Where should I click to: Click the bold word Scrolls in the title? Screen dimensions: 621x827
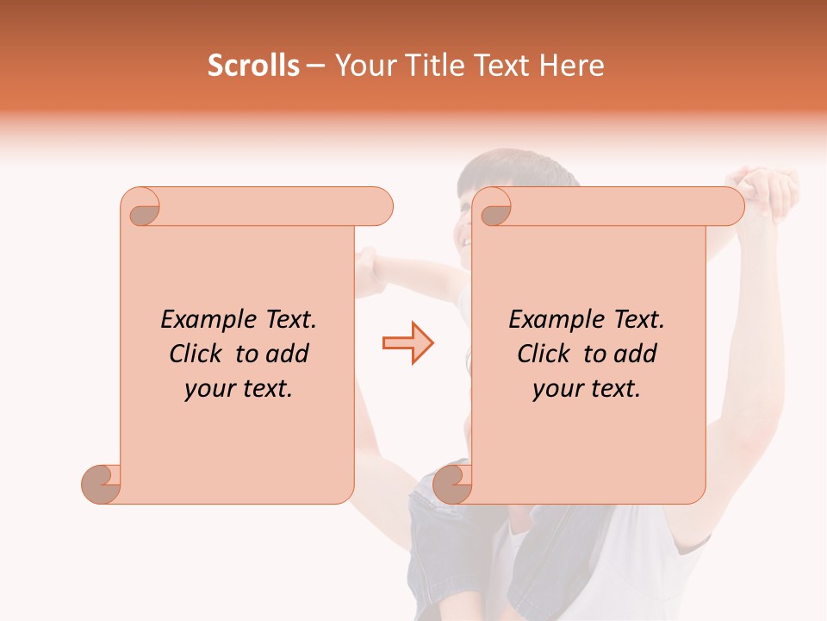click(x=253, y=66)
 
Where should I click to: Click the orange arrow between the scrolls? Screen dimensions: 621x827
click(x=407, y=343)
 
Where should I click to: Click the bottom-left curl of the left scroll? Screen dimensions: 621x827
click(x=101, y=484)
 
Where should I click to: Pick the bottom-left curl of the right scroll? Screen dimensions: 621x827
click(x=452, y=484)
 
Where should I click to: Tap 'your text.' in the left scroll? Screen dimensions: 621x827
click(x=239, y=389)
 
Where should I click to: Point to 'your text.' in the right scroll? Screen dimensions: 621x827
click(x=587, y=389)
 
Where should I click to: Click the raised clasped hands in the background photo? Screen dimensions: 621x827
click(x=767, y=191)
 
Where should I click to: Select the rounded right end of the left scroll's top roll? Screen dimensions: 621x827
click(x=379, y=207)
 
